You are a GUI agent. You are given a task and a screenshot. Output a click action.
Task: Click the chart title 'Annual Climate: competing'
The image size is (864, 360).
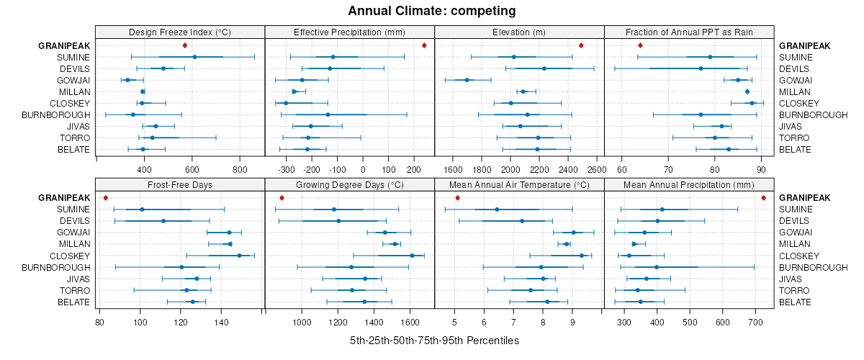[x=431, y=11]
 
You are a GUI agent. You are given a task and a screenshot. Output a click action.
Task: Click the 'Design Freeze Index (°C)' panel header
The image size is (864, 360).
[x=180, y=32]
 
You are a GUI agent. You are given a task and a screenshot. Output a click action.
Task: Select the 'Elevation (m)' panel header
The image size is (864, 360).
[x=519, y=32]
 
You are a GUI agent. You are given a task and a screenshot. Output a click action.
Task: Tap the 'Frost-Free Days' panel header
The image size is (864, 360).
[x=180, y=184]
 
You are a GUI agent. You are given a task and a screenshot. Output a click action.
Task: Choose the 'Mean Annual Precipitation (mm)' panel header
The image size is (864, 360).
[x=689, y=184]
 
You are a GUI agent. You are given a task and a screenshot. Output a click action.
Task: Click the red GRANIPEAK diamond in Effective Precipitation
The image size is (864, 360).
[x=424, y=45]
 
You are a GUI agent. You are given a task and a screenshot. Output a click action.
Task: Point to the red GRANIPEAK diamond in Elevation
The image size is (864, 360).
[x=581, y=45]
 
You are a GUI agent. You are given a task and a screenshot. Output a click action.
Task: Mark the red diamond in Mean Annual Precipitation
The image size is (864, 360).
[x=763, y=197]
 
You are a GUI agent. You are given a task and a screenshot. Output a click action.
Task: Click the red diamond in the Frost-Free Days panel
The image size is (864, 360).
[x=105, y=197]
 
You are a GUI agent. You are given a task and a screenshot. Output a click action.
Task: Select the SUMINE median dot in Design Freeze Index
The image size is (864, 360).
[x=194, y=57]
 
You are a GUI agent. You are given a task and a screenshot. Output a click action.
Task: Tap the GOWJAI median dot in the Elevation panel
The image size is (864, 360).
[x=467, y=80]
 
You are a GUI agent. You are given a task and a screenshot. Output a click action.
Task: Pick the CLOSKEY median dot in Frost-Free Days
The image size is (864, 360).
[x=239, y=255]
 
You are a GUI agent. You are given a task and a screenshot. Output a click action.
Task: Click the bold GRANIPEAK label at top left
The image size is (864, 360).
[x=64, y=45]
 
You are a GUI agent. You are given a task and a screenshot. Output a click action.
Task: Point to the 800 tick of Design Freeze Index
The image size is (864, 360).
[x=240, y=169]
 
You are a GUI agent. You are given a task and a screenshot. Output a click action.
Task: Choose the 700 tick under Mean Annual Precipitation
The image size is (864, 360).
[x=755, y=321]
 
